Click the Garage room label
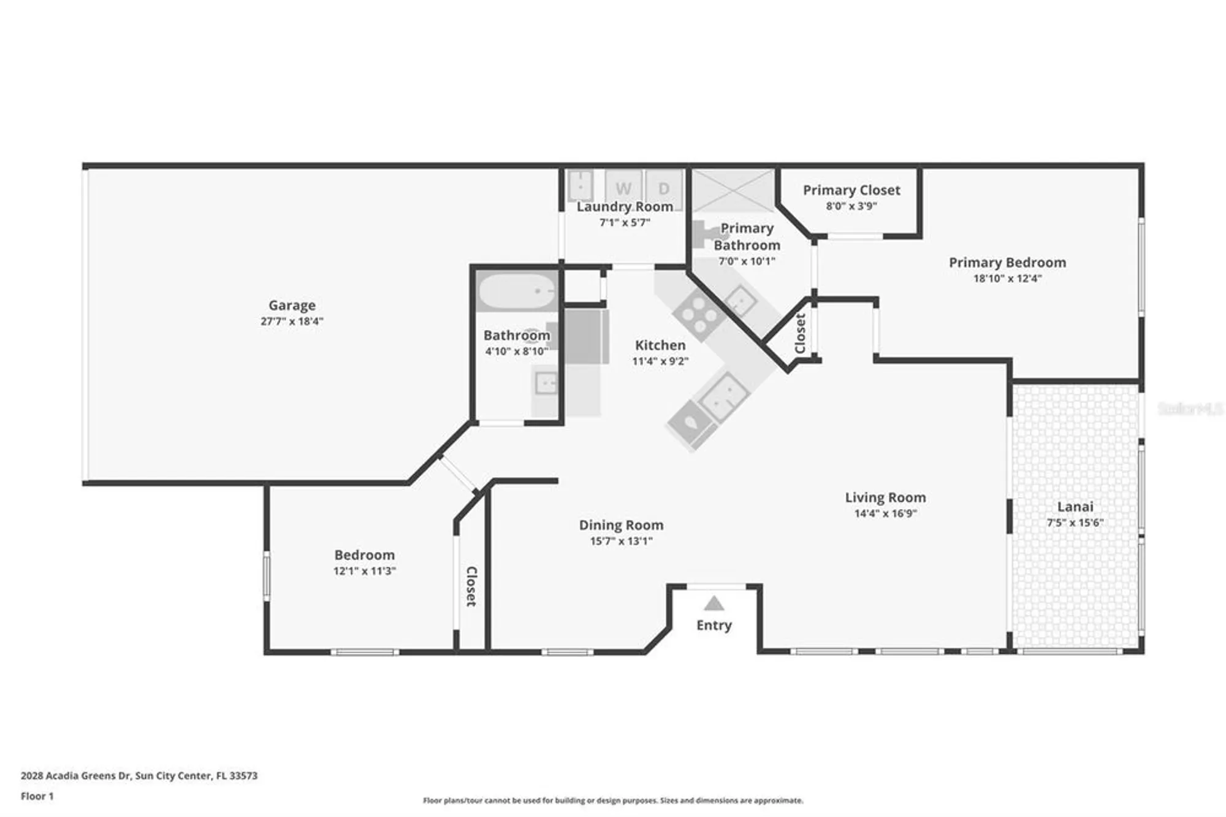292,305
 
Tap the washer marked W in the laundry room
623,188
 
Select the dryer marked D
664,188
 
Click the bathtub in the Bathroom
517,292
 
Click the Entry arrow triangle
714,604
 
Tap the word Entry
714,625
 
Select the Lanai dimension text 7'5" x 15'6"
1075,523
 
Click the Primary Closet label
851,190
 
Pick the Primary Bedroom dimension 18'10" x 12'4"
1007,278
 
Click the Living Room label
885,497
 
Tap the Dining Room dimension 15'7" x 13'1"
621,541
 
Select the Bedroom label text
364,555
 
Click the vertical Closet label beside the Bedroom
471,586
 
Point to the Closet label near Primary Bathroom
800,333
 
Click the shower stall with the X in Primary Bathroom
733,190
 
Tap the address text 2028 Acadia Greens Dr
76,775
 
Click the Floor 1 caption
37,796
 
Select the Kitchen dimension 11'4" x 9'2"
660,361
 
